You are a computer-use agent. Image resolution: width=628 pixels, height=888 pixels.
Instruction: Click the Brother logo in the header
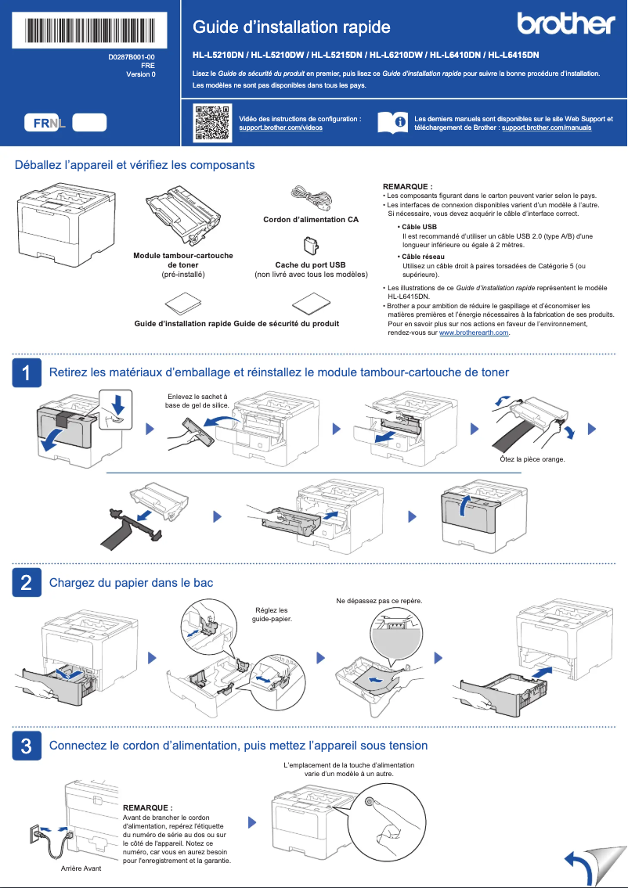pos(566,24)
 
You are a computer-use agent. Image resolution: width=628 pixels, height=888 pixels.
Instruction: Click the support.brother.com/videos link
pos(280,127)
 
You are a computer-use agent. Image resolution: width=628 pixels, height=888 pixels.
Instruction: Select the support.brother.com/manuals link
pos(546,127)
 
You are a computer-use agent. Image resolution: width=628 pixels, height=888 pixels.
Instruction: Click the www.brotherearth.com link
pos(475,333)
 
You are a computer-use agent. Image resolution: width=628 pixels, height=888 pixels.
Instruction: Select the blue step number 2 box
pos(27,583)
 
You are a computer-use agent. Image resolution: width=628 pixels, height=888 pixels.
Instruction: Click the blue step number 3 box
pos(27,746)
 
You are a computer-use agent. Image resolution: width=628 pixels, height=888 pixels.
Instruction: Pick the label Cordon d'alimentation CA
pos(310,220)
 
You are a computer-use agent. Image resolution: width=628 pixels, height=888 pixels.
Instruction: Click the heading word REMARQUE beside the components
pos(407,186)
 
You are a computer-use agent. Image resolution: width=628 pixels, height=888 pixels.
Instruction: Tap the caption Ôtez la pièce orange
pos(532,459)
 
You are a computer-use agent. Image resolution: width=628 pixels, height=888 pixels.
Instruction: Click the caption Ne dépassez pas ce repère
pos(379,601)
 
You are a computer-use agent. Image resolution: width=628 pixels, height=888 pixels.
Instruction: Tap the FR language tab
pos(42,123)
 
